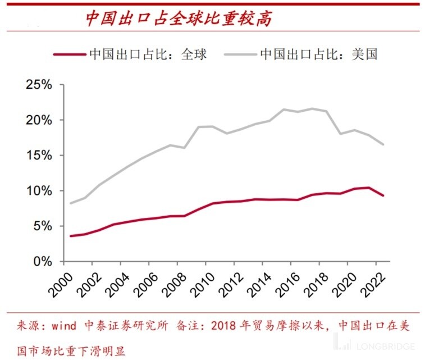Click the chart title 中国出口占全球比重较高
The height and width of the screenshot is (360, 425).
click(179, 19)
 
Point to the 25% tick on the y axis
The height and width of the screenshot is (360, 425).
click(39, 85)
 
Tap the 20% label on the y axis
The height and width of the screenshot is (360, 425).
click(39, 120)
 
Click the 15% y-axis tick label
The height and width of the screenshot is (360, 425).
click(39, 156)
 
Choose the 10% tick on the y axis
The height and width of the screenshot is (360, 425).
click(39, 191)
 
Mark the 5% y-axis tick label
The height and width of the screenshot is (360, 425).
click(42, 226)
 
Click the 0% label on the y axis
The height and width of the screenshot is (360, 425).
click(42, 262)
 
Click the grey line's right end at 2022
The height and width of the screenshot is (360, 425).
click(383, 145)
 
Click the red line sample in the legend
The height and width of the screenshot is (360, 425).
click(69, 54)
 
